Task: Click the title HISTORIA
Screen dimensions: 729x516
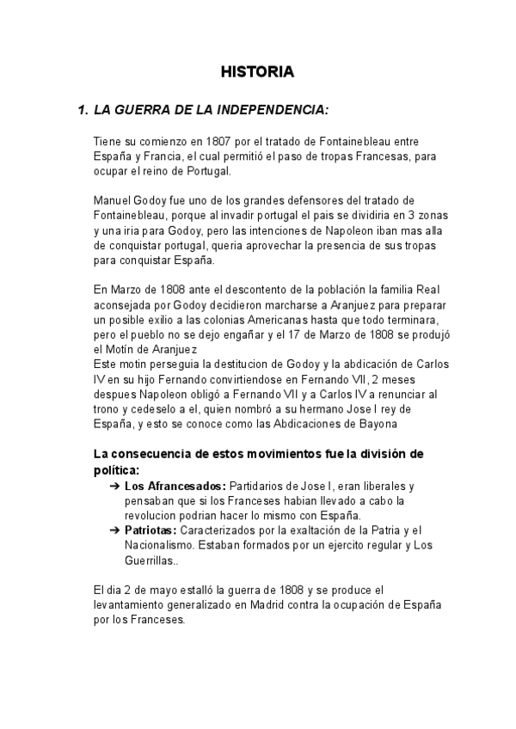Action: coord(257,72)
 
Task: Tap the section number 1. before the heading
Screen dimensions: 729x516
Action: coord(83,111)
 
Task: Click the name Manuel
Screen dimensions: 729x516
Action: coord(114,201)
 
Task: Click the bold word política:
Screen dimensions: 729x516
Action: coord(116,469)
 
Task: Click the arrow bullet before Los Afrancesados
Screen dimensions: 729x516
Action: coord(114,486)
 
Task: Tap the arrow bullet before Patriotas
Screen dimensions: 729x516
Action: coord(114,530)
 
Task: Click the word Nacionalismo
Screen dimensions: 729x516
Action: coord(170,546)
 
